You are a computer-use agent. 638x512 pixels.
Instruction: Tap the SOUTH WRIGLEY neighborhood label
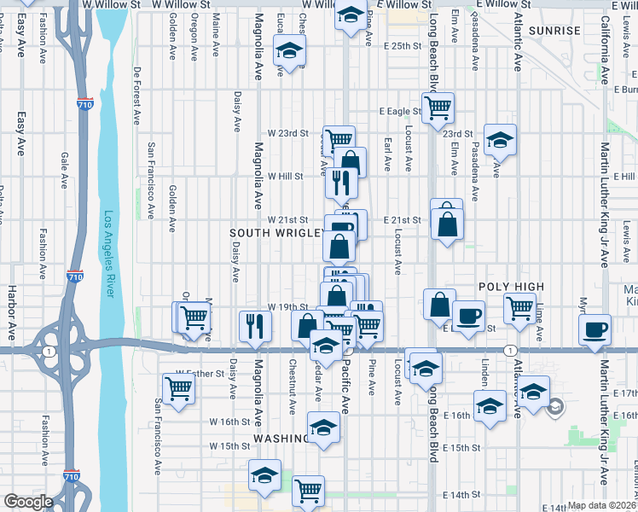(275, 233)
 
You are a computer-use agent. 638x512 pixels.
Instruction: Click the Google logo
(27, 502)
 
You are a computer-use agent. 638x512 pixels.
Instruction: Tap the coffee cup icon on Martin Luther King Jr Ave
(594, 329)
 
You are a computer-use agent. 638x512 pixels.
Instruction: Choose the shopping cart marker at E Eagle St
(438, 108)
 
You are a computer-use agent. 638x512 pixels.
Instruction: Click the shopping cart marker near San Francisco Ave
(179, 388)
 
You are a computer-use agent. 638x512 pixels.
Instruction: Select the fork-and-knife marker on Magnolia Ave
(255, 324)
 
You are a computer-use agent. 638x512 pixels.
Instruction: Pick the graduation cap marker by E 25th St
(289, 51)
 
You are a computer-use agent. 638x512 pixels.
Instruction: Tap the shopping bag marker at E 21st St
(447, 224)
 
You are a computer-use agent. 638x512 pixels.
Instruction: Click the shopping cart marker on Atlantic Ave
(519, 308)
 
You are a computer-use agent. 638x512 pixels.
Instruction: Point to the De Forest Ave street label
(136, 94)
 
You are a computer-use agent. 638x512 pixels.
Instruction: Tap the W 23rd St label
(287, 133)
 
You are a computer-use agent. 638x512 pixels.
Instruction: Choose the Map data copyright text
(601, 505)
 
